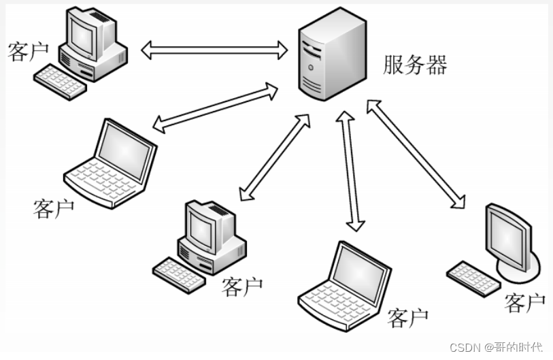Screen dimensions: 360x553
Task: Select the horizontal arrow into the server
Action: coord(215,49)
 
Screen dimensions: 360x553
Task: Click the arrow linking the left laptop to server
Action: coord(215,107)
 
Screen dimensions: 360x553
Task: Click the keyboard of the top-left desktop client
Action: coord(61,82)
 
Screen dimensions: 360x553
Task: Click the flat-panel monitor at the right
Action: coord(507,235)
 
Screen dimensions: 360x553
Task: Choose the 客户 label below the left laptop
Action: coord(53,208)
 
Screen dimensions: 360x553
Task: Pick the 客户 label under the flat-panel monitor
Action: coord(524,303)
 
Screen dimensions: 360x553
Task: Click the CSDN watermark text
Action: coord(497,347)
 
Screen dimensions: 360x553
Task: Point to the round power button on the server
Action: coord(311,67)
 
